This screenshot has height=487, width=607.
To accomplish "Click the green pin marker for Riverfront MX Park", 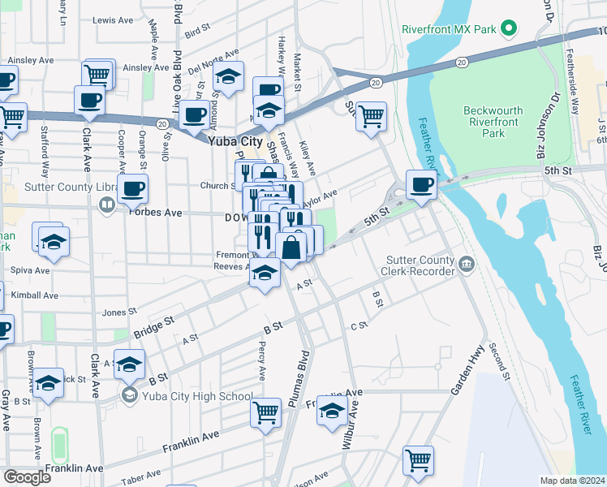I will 510,30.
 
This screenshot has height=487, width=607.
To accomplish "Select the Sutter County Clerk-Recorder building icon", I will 467,264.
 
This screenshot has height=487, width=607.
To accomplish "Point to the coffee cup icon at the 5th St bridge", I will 421,183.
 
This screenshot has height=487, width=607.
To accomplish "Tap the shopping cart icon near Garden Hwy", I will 418,460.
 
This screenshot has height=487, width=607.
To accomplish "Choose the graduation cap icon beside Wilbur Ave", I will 331,412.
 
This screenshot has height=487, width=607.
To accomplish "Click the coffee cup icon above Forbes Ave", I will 132,188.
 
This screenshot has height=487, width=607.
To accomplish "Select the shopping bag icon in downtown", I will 291,247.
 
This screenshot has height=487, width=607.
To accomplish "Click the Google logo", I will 28,477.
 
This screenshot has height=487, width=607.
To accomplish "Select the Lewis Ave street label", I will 112,19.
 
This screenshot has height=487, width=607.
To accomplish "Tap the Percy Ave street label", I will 261,361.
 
